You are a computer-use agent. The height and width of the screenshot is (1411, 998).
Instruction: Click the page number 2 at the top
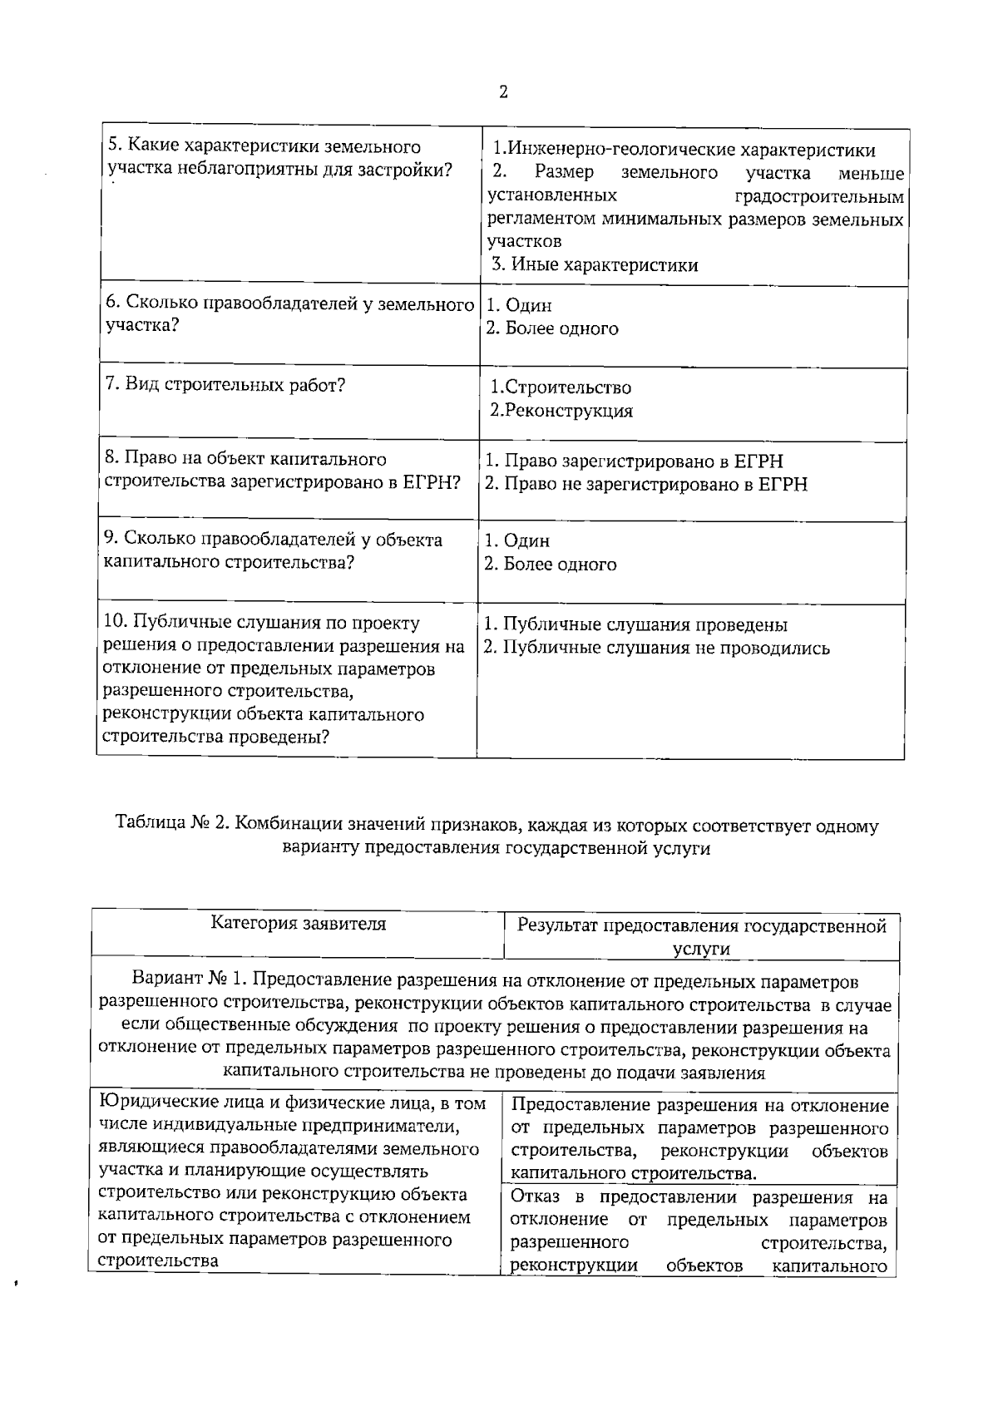503,91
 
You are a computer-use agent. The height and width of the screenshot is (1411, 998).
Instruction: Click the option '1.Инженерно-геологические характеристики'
683,150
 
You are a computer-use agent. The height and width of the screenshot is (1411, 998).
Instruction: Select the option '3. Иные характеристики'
594,265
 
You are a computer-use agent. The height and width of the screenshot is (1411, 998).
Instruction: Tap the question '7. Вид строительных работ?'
225,385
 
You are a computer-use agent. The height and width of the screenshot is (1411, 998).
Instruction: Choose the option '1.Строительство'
560,387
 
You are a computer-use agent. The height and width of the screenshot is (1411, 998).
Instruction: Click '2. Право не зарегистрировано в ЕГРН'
645,484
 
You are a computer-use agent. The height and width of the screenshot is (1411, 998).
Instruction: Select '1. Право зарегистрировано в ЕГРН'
634,461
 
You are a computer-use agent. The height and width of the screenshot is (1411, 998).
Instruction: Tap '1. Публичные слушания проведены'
635,625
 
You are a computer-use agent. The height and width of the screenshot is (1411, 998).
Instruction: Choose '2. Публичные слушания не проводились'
657,649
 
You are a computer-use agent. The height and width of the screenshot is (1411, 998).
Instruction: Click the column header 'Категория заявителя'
298,924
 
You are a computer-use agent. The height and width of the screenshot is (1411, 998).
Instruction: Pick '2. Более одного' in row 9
551,565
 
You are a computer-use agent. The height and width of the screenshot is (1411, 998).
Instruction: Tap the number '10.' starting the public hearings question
116,623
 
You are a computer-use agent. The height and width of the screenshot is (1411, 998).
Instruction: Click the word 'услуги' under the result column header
701,949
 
